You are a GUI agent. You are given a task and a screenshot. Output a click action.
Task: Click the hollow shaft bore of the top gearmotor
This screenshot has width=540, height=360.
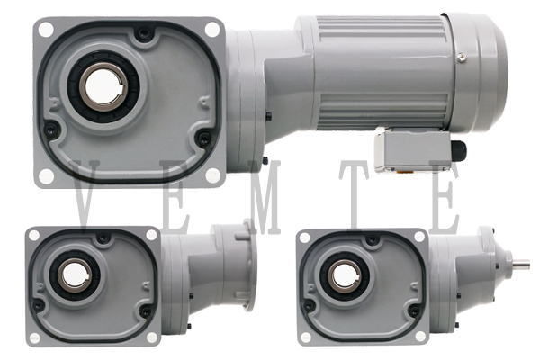tap(103, 86)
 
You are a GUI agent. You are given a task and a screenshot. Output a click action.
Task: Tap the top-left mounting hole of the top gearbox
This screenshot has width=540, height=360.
tap(46, 29)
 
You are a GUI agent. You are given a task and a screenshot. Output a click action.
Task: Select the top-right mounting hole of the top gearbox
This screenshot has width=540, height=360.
tap(212, 29)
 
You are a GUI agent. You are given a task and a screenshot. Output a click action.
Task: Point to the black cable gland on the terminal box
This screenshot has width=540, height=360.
tap(460, 148)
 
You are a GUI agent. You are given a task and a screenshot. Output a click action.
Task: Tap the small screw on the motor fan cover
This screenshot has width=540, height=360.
tap(461, 57)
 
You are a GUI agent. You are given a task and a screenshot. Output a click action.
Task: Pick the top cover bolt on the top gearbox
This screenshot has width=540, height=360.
tap(142, 33)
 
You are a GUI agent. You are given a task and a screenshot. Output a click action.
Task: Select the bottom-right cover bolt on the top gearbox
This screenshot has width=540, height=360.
tap(203, 138)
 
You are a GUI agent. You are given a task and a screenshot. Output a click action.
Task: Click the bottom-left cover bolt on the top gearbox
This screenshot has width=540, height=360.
tap(50, 130)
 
